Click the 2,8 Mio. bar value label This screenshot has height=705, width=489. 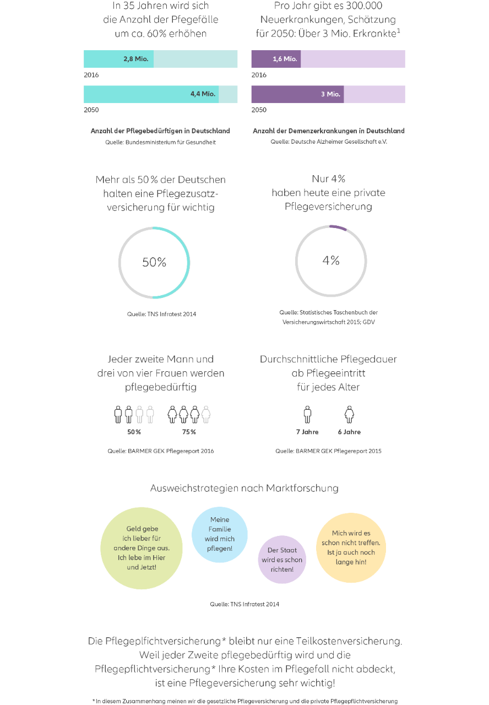(x=135, y=59)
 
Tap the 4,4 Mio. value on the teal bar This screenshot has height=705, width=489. (x=203, y=94)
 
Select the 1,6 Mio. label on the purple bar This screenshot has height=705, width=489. (x=285, y=59)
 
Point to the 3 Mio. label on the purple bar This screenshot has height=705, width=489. (x=330, y=94)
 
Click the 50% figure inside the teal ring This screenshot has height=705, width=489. (x=154, y=262)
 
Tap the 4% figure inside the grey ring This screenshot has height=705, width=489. (x=331, y=261)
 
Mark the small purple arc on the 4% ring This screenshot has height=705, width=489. (x=338, y=227)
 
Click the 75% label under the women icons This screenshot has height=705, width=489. (x=189, y=432)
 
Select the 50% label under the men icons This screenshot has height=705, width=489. (x=134, y=432)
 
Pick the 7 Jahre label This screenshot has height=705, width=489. (x=307, y=432)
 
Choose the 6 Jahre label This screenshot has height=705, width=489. (x=349, y=432)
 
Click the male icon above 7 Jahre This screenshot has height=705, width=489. (x=307, y=414)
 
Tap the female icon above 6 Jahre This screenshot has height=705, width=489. (x=349, y=414)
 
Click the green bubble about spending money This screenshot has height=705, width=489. (x=142, y=548)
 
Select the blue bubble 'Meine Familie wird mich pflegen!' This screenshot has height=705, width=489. (x=220, y=534)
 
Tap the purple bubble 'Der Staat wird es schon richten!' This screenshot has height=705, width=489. (x=282, y=560)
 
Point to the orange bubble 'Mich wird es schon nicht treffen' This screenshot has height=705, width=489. (x=351, y=547)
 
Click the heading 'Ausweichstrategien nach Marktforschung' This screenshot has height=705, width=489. (x=244, y=488)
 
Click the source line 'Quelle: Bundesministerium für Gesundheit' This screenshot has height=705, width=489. (x=160, y=142)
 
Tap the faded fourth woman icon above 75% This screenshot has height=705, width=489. (x=206, y=414)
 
